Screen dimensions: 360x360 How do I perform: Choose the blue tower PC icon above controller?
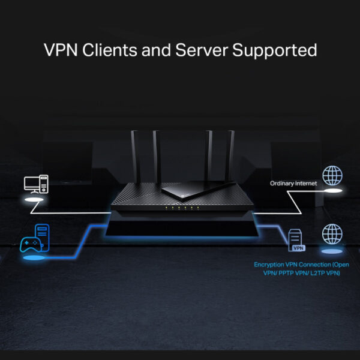point(40,233)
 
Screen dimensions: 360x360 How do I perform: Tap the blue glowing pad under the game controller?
point(34,259)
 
